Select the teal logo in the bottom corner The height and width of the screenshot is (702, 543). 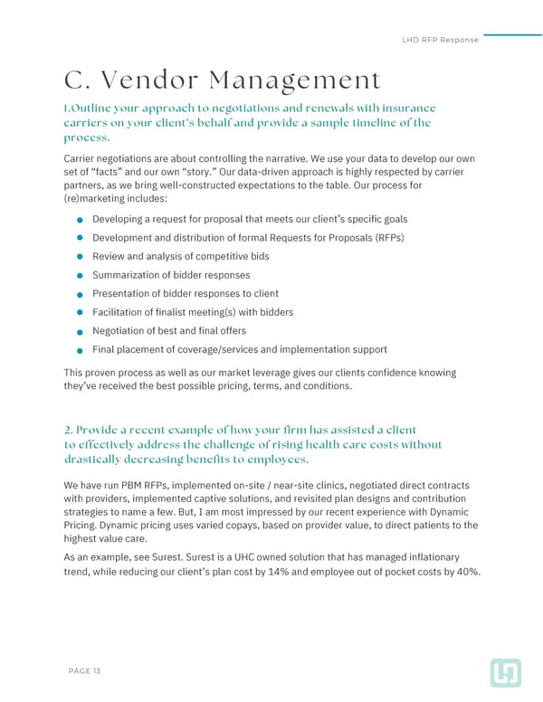[x=504, y=671]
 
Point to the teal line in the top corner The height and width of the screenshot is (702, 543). [x=512, y=34]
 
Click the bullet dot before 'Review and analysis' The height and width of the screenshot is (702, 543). [x=81, y=257]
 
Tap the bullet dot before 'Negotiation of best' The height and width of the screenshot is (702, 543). [x=81, y=331]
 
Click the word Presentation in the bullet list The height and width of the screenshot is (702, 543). [x=123, y=294]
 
